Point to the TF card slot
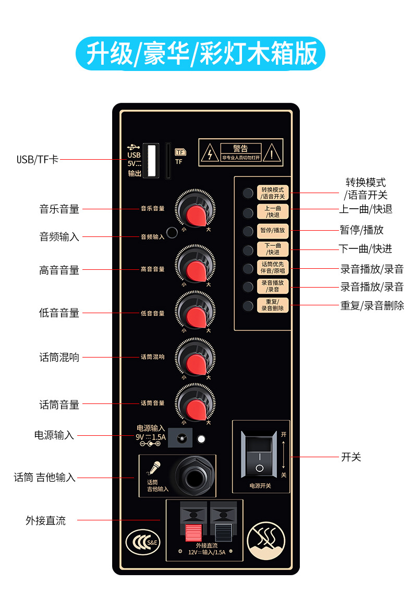click(x=168, y=161)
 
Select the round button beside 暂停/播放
click(x=248, y=230)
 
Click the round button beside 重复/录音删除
click(x=248, y=305)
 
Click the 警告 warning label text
click(x=240, y=149)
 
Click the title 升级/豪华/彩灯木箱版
click(x=201, y=54)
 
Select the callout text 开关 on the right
click(x=351, y=457)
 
